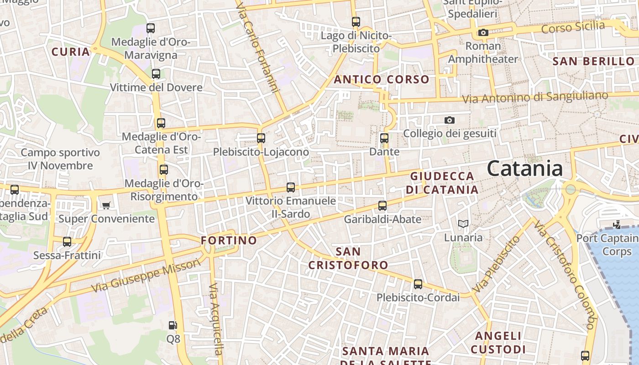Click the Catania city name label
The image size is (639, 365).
[x=525, y=169]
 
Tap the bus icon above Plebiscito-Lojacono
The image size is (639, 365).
[x=261, y=138]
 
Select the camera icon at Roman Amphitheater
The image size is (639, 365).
[x=483, y=32]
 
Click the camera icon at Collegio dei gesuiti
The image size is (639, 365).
[x=450, y=120]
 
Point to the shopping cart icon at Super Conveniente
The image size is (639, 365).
[x=106, y=205]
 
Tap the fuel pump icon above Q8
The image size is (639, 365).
[x=173, y=325]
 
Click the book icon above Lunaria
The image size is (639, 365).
[x=463, y=224]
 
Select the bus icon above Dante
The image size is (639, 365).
[x=384, y=138]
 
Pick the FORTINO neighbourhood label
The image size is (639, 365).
[x=229, y=240]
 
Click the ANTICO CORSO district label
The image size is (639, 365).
[x=382, y=79]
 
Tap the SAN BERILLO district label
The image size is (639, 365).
[x=593, y=61]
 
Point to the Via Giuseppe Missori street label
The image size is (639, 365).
[x=146, y=276]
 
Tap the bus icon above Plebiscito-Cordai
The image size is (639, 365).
[x=418, y=284]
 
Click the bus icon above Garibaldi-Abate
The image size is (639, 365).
[x=382, y=206]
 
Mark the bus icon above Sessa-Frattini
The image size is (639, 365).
[x=67, y=242]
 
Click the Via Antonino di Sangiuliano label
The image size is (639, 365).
[x=535, y=97]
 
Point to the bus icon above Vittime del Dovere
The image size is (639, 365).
[x=156, y=74]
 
